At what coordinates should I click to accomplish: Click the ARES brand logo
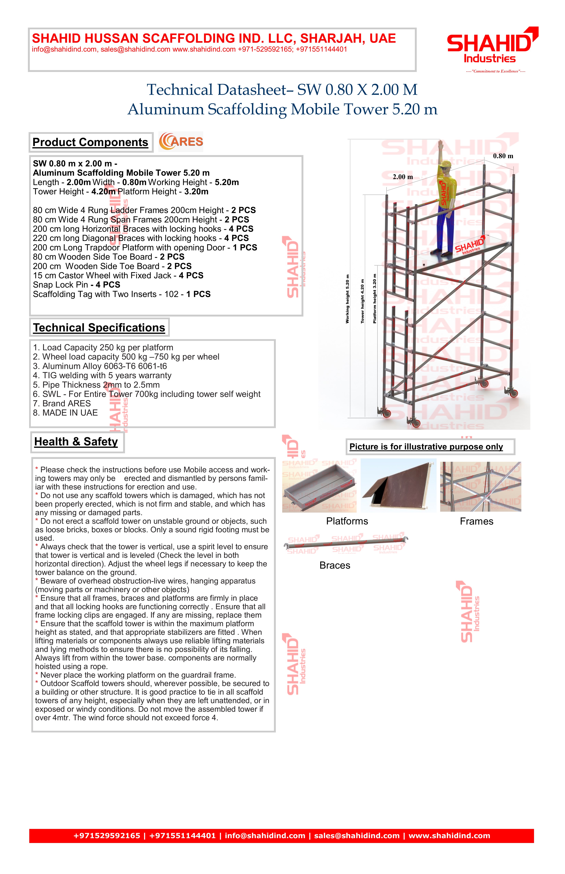pos(181,142)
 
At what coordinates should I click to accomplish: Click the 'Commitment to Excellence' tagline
pos(495,71)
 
